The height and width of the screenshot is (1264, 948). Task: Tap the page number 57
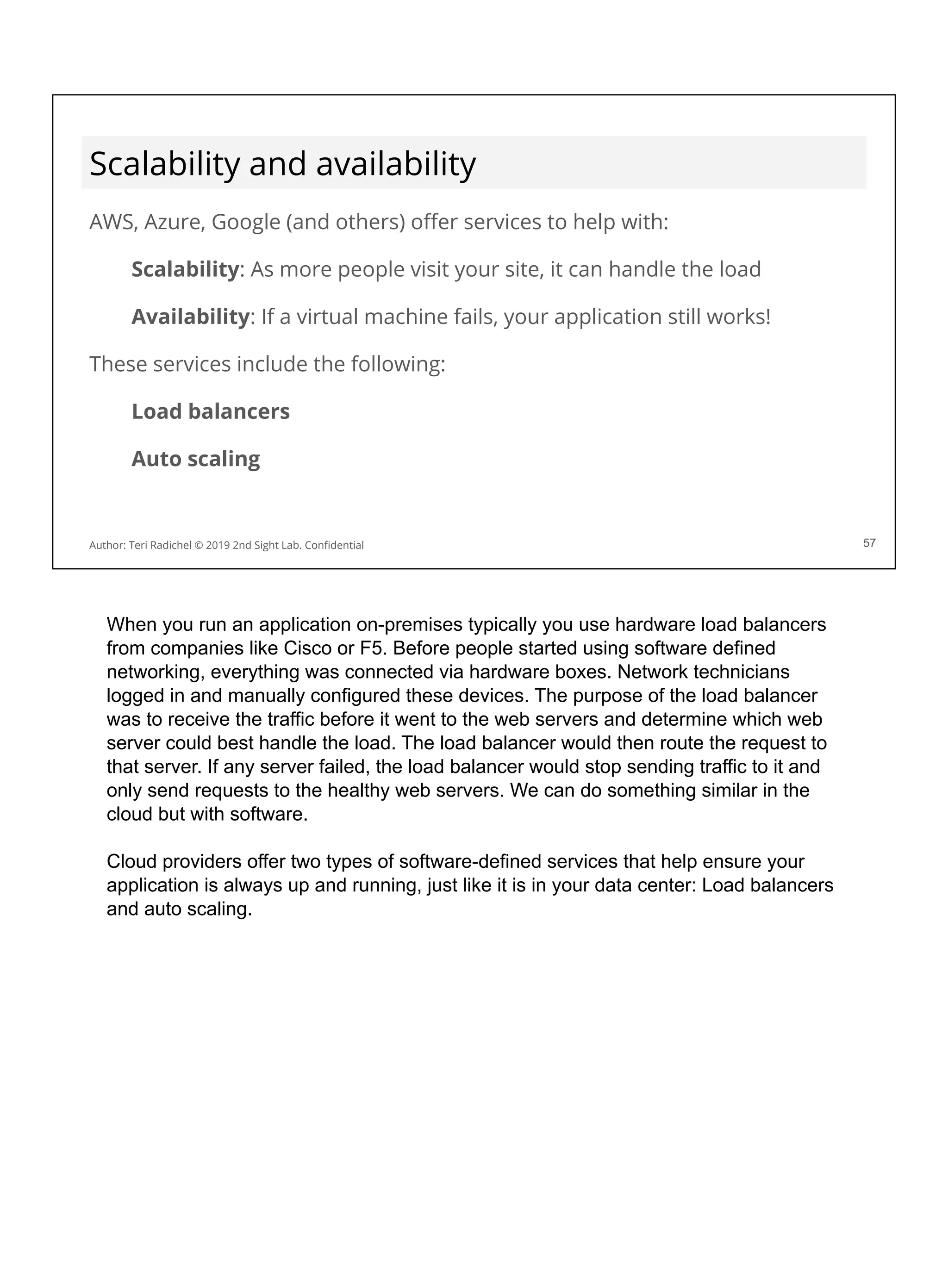tap(868, 543)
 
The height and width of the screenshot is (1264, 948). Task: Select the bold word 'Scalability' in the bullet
tap(185, 269)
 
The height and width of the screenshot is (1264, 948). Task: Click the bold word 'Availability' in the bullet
tap(190, 317)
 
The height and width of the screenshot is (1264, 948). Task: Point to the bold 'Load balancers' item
tap(210, 411)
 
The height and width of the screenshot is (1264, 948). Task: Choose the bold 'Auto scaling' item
tap(195, 459)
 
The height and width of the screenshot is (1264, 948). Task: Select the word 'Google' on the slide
tap(246, 222)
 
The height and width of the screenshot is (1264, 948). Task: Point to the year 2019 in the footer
tap(218, 545)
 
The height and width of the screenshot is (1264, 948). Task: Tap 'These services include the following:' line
tap(267, 364)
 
